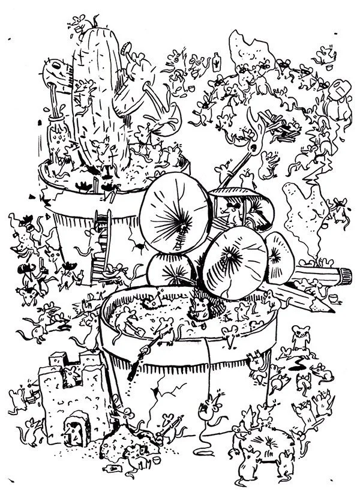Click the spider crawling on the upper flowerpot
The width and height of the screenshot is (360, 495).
(139, 245)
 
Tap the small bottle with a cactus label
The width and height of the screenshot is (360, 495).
(216, 60)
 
